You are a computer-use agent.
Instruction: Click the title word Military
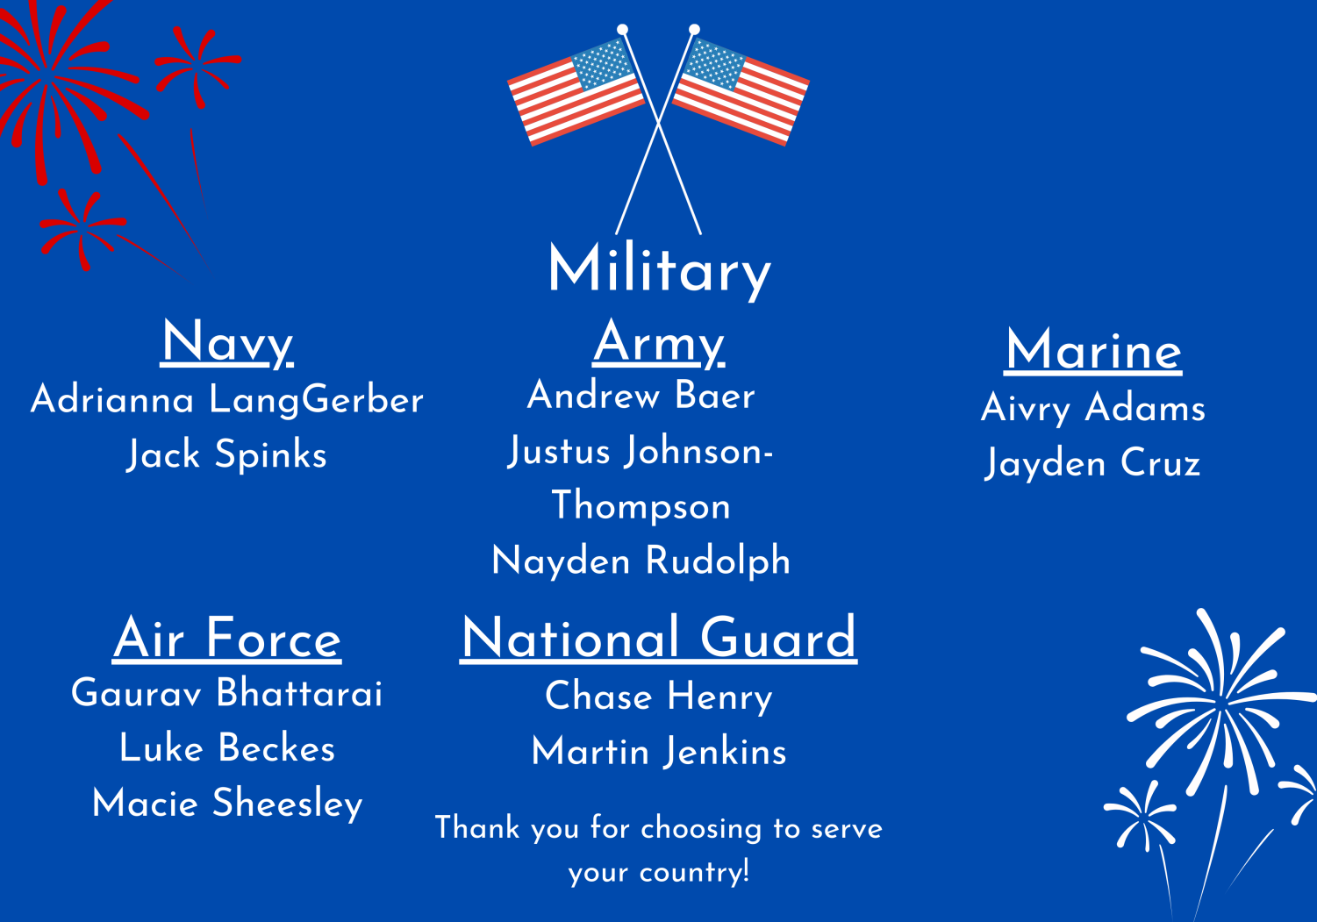(x=659, y=270)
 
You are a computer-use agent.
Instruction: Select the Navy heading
(x=227, y=343)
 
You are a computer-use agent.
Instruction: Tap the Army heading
(x=658, y=343)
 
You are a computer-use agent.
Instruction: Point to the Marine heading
(x=1093, y=350)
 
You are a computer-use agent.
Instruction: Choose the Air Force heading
(x=227, y=640)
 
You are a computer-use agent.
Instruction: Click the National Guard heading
(x=658, y=639)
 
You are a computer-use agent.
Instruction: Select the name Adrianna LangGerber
(x=227, y=400)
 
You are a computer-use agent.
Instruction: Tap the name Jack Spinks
(x=227, y=454)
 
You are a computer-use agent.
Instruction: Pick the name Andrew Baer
(x=641, y=395)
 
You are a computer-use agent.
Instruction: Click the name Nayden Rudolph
(x=641, y=560)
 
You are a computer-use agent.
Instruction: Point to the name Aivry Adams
(x=1093, y=408)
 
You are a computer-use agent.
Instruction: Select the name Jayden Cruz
(x=1093, y=463)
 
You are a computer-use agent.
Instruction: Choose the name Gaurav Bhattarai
(x=227, y=693)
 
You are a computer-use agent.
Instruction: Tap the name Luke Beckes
(x=227, y=748)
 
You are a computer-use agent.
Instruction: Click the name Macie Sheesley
(x=227, y=804)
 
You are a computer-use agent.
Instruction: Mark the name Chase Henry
(x=658, y=697)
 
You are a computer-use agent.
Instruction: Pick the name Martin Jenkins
(x=658, y=752)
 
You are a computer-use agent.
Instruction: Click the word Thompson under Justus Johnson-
(x=641, y=505)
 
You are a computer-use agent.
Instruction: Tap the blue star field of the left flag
(x=604, y=64)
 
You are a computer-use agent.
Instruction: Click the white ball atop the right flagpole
(x=694, y=30)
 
